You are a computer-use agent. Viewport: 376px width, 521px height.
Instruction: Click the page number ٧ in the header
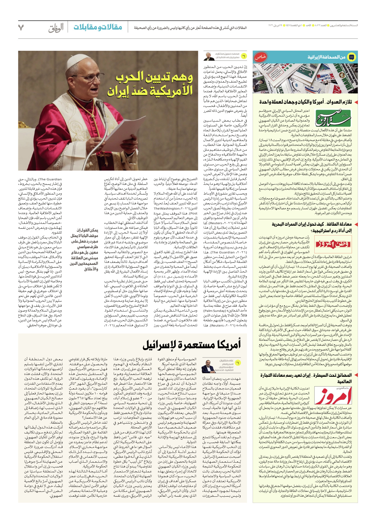(x=21, y=28)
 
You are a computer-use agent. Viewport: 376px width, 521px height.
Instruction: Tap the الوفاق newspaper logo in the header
(x=56, y=28)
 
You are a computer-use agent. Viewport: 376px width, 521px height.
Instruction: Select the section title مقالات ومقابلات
(x=98, y=27)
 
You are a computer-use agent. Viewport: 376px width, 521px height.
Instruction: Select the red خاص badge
(x=260, y=57)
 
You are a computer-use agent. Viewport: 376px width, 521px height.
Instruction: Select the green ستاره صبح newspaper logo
(x=333, y=118)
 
